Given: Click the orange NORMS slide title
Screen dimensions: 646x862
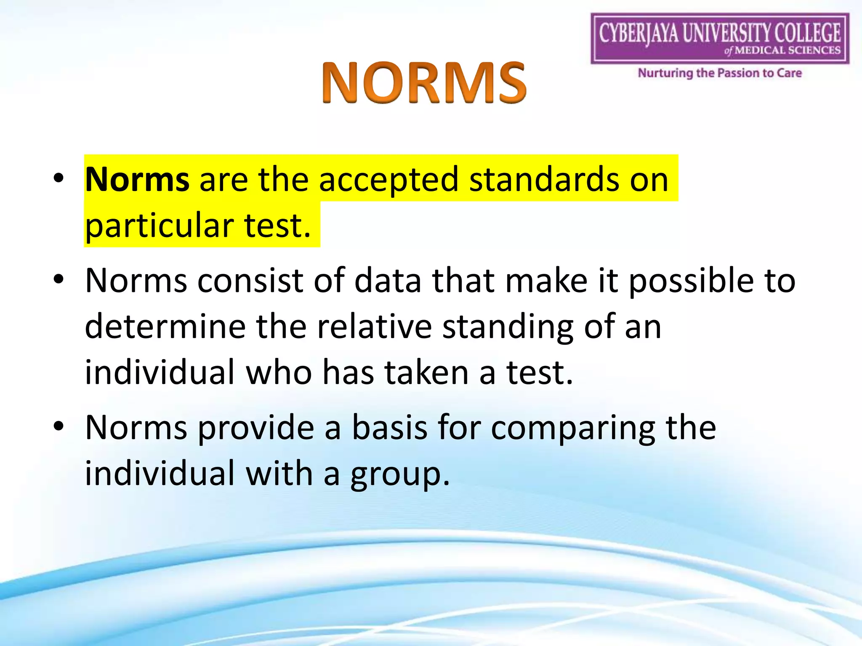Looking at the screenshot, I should click(424, 82).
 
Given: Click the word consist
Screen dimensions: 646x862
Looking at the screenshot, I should click(250, 281).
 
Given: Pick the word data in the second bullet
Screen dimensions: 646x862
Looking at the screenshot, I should click(388, 281).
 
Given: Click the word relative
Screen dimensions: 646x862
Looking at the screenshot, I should click(374, 327).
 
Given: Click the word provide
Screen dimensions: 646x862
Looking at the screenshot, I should click(256, 428).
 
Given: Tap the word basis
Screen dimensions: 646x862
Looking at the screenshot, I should click(389, 427).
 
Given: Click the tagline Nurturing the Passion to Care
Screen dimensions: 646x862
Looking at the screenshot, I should click(720, 73).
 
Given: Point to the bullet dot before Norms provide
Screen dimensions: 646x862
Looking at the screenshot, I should click(59, 426).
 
